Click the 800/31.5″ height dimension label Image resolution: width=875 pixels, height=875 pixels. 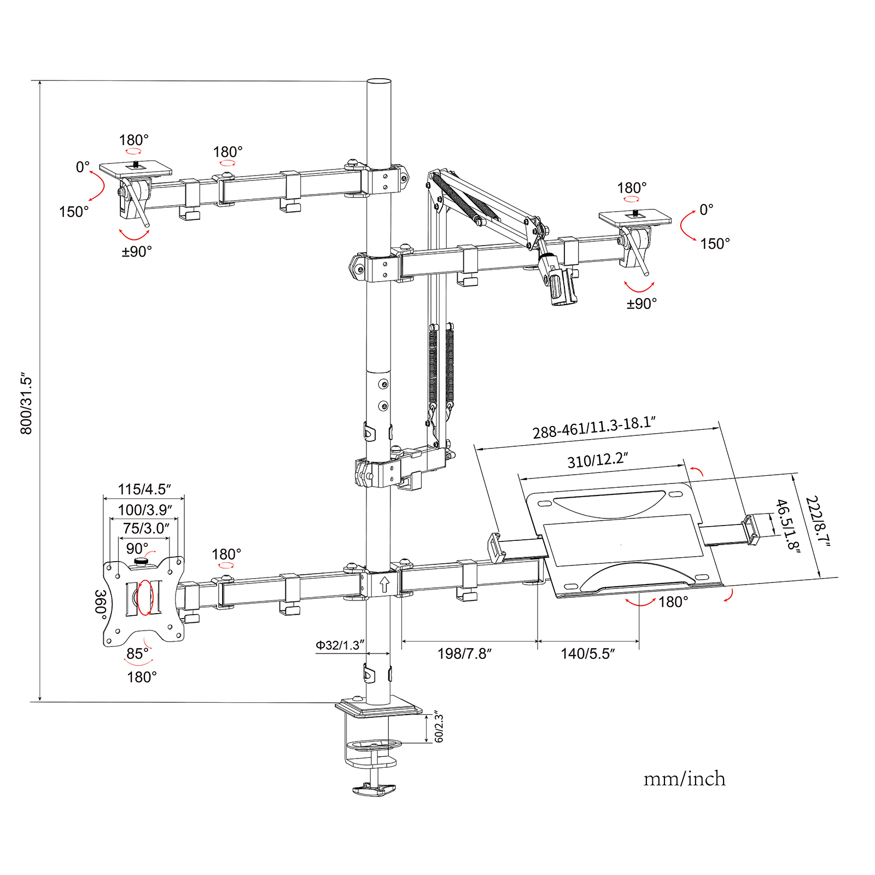26,405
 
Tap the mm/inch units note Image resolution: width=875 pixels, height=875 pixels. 684,779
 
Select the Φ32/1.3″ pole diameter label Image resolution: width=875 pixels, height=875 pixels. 340,645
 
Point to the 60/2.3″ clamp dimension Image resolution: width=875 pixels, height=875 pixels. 439,727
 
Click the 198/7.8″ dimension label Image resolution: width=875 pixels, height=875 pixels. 464,654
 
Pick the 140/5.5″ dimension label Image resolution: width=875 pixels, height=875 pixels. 588,654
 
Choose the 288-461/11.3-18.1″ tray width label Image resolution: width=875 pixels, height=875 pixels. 594,428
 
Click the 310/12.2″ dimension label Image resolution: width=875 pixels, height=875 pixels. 598,460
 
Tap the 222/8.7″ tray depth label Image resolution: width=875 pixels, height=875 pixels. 818,521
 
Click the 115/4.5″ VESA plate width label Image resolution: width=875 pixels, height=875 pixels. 144,489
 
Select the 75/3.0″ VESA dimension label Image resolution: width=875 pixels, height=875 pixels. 145,528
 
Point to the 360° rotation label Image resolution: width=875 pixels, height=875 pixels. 101,602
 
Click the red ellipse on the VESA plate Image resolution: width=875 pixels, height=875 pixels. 145,597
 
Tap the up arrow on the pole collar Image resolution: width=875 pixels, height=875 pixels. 384,584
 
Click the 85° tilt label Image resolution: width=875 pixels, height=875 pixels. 137,654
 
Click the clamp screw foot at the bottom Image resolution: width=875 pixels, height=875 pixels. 374,789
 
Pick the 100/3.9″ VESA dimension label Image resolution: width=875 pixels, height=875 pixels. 145,510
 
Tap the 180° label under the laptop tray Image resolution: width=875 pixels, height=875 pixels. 673,602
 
